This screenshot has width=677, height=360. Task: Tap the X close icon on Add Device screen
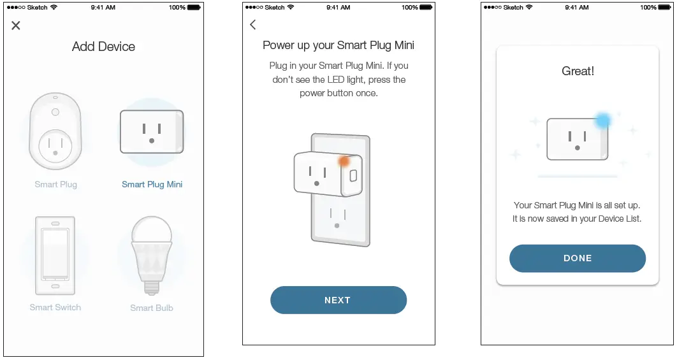pos(16,25)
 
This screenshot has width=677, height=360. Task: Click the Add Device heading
pos(103,47)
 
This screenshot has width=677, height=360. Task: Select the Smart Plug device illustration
pos(55,131)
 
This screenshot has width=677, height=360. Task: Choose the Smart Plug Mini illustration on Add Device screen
pos(152,131)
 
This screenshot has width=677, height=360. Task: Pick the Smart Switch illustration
pos(55,256)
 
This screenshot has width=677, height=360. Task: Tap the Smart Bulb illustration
pos(152,255)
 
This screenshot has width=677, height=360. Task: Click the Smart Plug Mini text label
pos(152,184)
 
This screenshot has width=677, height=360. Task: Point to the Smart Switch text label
pos(55,307)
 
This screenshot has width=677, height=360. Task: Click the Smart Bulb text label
pos(152,308)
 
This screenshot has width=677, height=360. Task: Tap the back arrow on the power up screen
pos(253,25)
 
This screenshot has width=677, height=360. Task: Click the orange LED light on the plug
pos(344,161)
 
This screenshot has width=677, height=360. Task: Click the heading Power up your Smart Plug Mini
pos(338,45)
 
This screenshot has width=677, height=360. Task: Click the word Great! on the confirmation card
pos(578,71)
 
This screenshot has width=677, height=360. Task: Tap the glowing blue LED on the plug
pos(602,120)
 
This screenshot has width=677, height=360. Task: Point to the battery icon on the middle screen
pos(426,8)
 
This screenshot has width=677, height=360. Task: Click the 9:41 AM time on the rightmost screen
pos(577,8)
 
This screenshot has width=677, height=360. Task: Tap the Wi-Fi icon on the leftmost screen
pos(54,8)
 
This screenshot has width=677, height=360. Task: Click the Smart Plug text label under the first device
pos(55,184)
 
